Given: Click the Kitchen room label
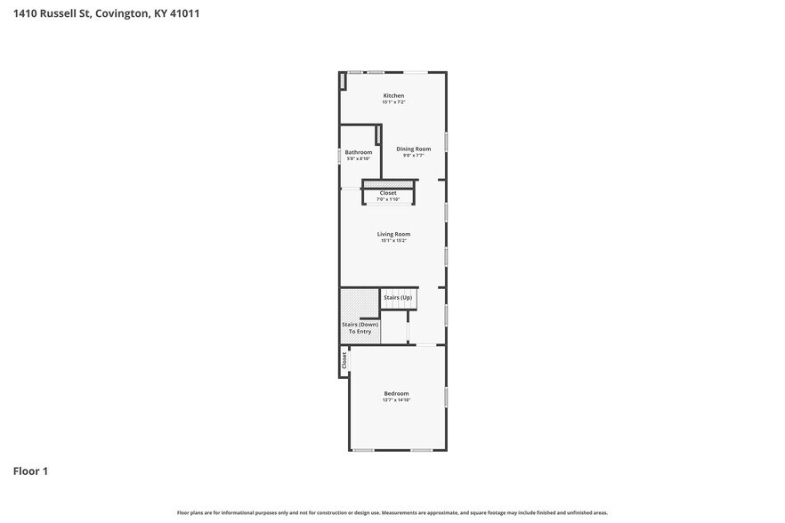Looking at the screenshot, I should coord(393,95).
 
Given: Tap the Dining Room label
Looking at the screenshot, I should coord(413,149).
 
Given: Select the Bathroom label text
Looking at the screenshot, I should coord(359,152).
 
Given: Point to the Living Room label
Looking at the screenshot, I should coord(393,234).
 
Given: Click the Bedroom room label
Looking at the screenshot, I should coord(396,393).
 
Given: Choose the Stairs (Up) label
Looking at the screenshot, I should coord(397,297).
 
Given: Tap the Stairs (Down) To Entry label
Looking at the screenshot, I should coord(360,328).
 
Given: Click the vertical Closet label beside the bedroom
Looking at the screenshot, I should coord(344,360).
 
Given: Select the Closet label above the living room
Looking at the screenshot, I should coord(388,192).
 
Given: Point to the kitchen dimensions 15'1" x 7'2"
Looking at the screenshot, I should coord(393,102).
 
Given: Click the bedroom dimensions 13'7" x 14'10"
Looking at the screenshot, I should coord(396,400).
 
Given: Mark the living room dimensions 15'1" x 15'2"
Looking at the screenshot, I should coord(393,240).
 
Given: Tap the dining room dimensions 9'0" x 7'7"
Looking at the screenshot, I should coord(413,156).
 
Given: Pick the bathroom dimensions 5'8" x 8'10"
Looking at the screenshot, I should coord(359,159).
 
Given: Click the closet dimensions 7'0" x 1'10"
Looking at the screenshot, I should coord(388,199).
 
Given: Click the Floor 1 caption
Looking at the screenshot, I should coord(30,471).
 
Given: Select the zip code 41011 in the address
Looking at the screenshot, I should coord(184,13).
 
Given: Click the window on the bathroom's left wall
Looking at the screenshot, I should coord(340,156).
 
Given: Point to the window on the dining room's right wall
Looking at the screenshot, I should coord(446,141).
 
